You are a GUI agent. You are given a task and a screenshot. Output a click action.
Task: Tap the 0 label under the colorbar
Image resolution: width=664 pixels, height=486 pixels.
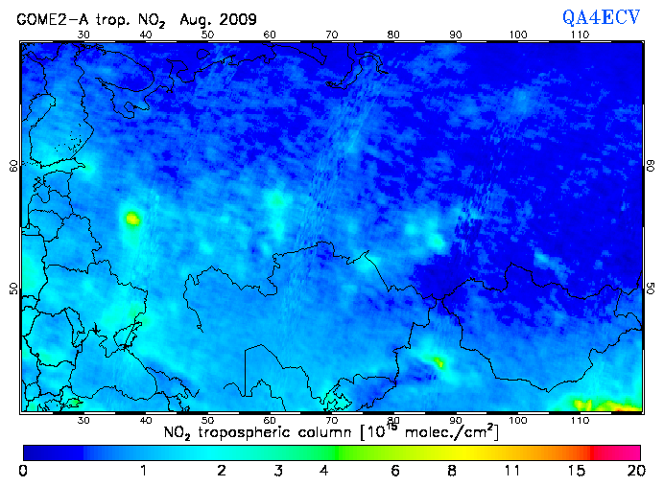point(23,471)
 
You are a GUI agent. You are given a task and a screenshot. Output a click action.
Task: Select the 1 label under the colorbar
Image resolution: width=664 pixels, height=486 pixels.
point(143,471)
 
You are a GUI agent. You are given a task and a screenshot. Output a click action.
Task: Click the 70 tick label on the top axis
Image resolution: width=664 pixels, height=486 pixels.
point(331,35)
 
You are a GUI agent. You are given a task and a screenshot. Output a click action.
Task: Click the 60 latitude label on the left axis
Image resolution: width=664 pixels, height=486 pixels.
point(13,165)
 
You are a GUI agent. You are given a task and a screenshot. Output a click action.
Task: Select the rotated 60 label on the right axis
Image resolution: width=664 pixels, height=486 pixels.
point(650,165)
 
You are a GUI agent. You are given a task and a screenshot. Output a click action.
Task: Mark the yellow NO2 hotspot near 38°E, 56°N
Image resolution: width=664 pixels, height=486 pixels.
point(131,219)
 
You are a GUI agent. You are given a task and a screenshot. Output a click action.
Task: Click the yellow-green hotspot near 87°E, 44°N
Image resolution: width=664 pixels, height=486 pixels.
point(438,362)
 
